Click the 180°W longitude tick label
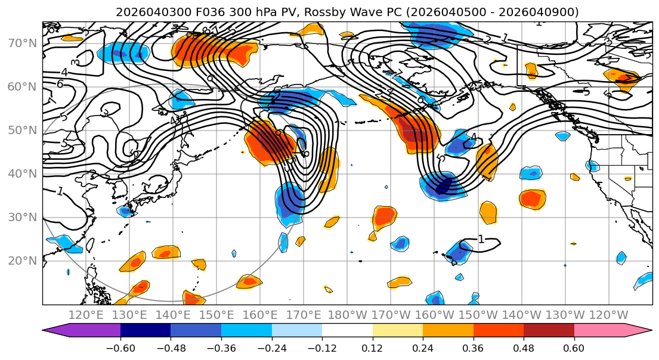[x=346, y=315]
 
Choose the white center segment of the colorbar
[x=347, y=330]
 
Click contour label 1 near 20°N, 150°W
[x=481, y=240]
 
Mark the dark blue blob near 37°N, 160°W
[x=443, y=188]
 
